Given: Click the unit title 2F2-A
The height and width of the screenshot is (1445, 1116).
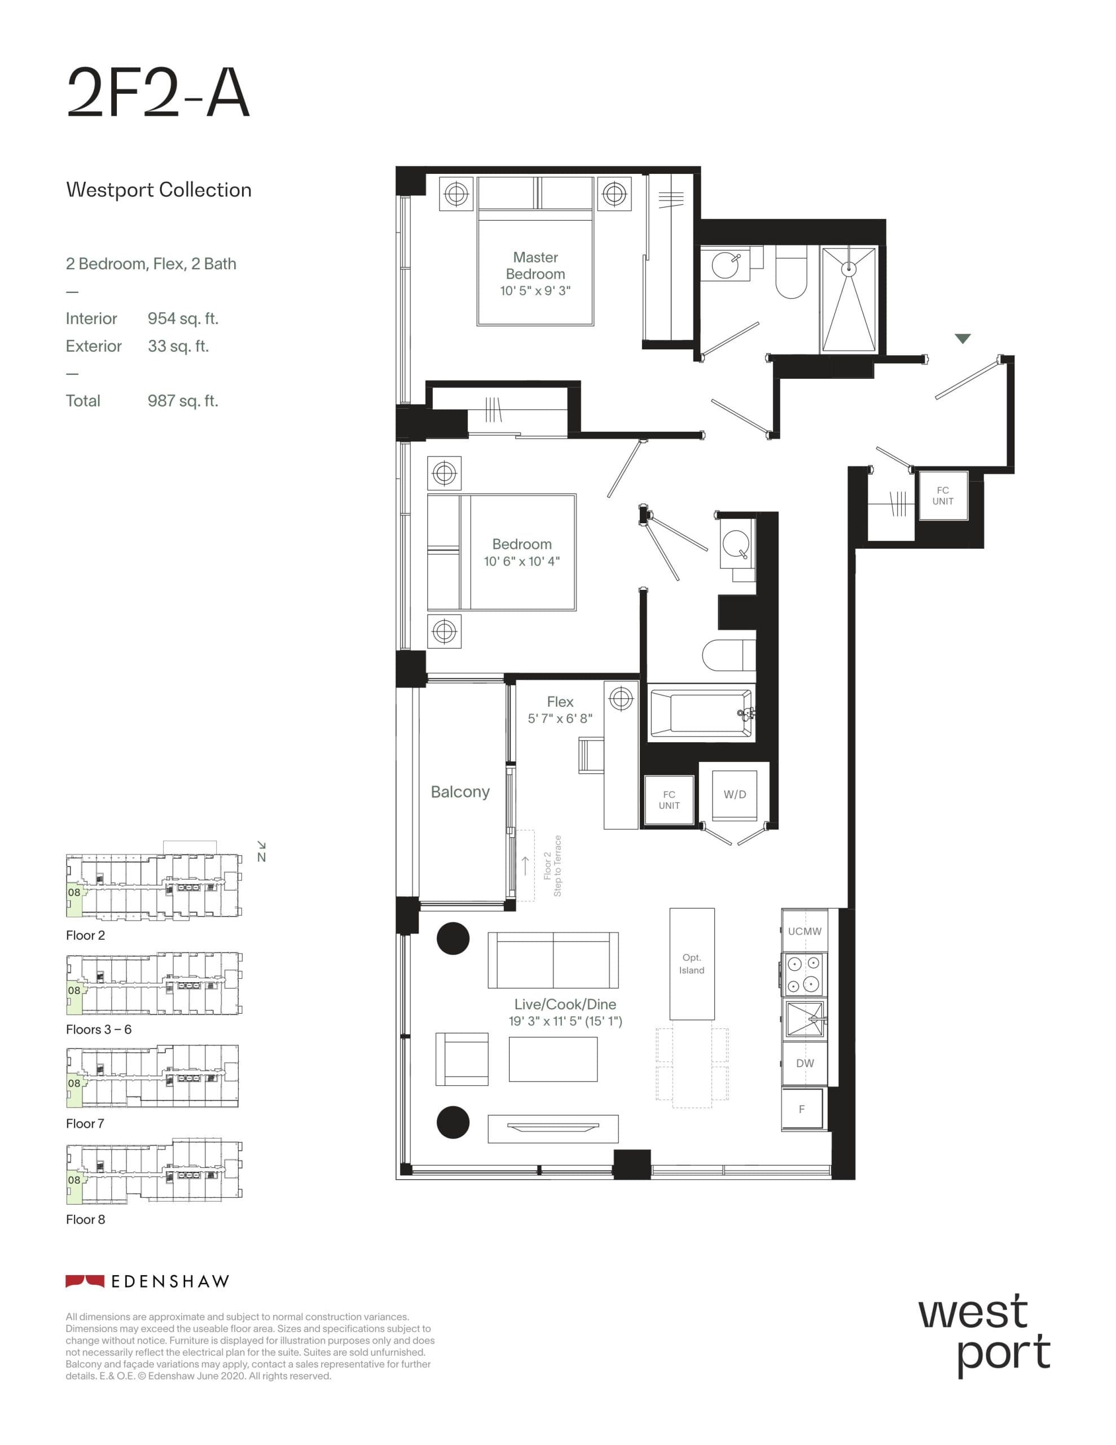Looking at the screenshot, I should pyautogui.click(x=158, y=93).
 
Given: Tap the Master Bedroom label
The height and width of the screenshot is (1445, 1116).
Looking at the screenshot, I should pyautogui.click(x=535, y=265).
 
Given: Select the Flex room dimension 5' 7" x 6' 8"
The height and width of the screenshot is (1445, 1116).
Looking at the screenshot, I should pyautogui.click(x=560, y=719).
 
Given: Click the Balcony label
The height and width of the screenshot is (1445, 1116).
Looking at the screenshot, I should pyautogui.click(x=460, y=792).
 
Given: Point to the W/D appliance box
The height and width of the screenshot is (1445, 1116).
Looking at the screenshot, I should pyautogui.click(x=734, y=795).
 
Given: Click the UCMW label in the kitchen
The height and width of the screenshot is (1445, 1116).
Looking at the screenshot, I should pyautogui.click(x=805, y=931).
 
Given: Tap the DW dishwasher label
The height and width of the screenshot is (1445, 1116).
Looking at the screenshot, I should pyautogui.click(x=805, y=1063).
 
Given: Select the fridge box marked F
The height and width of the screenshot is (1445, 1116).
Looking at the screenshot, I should pyautogui.click(x=802, y=1109).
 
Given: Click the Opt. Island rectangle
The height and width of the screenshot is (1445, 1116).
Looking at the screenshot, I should pyautogui.click(x=691, y=964).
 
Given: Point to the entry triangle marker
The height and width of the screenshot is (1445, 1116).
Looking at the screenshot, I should pyautogui.click(x=963, y=339).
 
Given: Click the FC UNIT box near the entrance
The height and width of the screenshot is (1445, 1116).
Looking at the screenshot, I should pyautogui.click(x=943, y=496).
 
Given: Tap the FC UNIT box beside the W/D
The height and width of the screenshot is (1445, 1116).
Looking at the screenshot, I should pyautogui.click(x=669, y=800).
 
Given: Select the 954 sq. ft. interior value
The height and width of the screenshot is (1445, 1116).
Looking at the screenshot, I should pyautogui.click(x=183, y=319).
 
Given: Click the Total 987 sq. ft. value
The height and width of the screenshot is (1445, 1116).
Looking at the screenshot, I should pyautogui.click(x=183, y=401).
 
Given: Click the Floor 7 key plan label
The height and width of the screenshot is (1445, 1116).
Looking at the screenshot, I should pyautogui.click(x=85, y=1123).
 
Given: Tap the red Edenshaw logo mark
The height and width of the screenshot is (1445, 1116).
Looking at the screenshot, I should pyautogui.click(x=85, y=1281).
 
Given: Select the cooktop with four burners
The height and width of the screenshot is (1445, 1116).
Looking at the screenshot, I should pyautogui.click(x=803, y=974).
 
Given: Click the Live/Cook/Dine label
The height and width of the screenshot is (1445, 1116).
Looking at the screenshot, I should pyautogui.click(x=565, y=1004).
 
